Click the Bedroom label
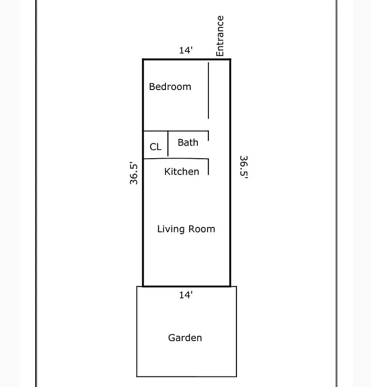(170, 87)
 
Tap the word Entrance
(220, 36)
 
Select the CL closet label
(155, 147)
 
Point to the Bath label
(188, 142)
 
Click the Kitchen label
(181, 172)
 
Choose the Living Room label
(186, 229)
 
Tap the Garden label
(185, 338)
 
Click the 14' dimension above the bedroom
(186, 50)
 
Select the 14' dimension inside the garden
(186, 295)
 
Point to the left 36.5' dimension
(134, 173)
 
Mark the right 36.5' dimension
(243, 168)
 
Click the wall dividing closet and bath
(168, 144)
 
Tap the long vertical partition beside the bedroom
(208, 90)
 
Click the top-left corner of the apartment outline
(143, 60)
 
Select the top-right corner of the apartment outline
(230, 60)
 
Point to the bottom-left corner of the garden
(137, 376)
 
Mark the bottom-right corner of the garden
(237, 376)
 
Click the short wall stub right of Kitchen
(208, 167)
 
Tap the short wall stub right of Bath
(208, 136)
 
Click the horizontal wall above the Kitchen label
(176, 158)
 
